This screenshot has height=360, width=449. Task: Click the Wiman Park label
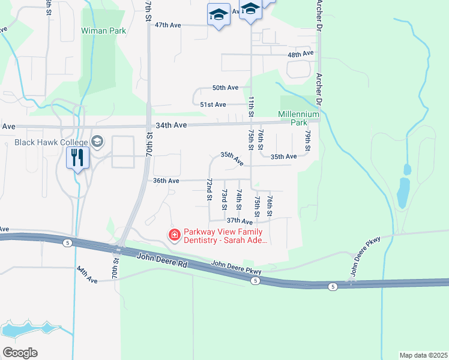pos(104,31)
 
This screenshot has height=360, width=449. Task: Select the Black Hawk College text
pos(52,142)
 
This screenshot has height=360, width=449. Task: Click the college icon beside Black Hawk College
pos(98,142)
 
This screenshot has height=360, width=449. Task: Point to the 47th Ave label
pos(168,25)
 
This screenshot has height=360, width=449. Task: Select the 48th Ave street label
pos(301,54)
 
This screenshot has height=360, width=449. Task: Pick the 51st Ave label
pos(213,104)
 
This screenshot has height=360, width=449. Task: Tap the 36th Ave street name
pos(166,181)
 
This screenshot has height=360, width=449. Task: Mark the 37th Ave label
pos(240,221)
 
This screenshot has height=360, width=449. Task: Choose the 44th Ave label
pos(87,276)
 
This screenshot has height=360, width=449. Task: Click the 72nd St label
pos(209,189)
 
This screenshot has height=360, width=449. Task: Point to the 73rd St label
pos(224,199)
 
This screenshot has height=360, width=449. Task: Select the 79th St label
pos(307,140)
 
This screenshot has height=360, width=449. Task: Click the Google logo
pos(20,353)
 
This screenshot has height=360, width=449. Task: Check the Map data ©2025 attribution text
pos(423,355)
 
